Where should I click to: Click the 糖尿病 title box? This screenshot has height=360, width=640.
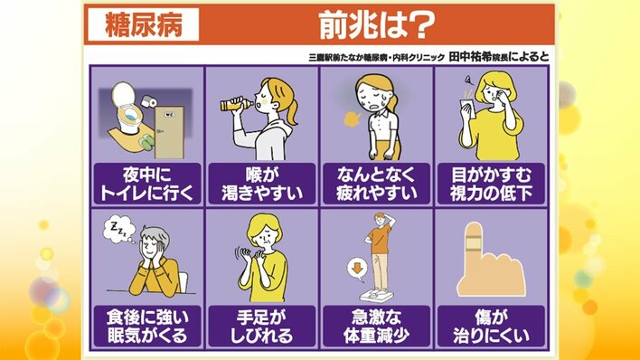143,24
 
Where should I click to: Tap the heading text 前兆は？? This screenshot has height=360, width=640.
376,25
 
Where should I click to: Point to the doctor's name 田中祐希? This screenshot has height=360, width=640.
470,57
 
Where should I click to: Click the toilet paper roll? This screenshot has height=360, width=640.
148,101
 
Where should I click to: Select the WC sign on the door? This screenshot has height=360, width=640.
169,115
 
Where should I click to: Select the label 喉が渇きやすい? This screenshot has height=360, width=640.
262,184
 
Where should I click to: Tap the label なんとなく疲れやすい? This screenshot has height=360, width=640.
376,184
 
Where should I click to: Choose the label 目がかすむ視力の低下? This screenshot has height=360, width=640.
491,184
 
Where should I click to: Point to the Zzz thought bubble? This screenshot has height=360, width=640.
118,229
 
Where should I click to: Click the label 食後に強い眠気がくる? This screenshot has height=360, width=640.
147,327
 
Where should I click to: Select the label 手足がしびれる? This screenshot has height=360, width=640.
262,327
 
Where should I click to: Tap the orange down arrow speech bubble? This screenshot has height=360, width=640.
357,270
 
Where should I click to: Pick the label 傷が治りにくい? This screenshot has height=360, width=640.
491,327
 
